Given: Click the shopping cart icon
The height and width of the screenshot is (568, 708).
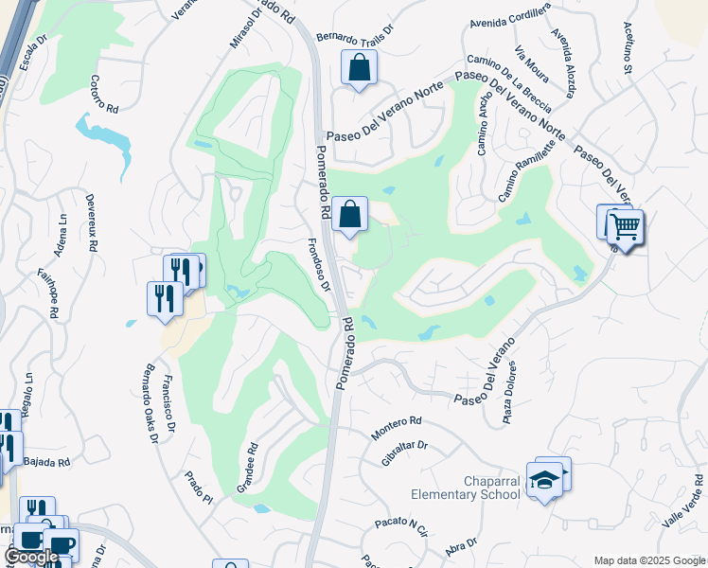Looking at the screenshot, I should (625, 227).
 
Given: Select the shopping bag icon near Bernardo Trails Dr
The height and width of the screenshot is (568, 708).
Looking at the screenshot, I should (359, 67).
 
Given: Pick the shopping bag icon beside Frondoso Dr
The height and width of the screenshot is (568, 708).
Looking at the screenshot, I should (349, 215).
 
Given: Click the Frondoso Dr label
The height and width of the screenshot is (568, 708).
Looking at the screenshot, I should (319, 262).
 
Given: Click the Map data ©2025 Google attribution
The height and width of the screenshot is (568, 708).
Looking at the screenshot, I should (648, 560).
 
